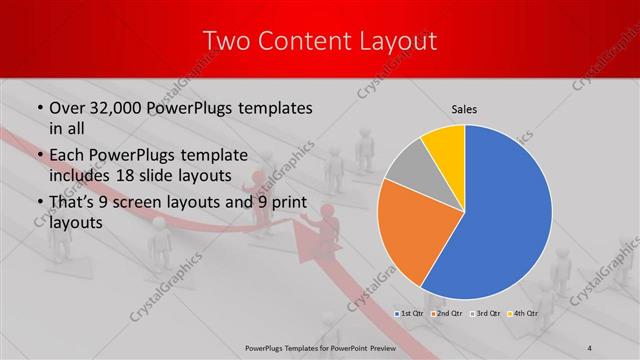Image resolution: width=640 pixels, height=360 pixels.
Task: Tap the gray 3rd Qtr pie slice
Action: (x=409, y=168)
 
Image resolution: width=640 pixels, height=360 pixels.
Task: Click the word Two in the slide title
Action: (x=226, y=41)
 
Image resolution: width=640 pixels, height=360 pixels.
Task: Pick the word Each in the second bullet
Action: (x=68, y=155)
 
